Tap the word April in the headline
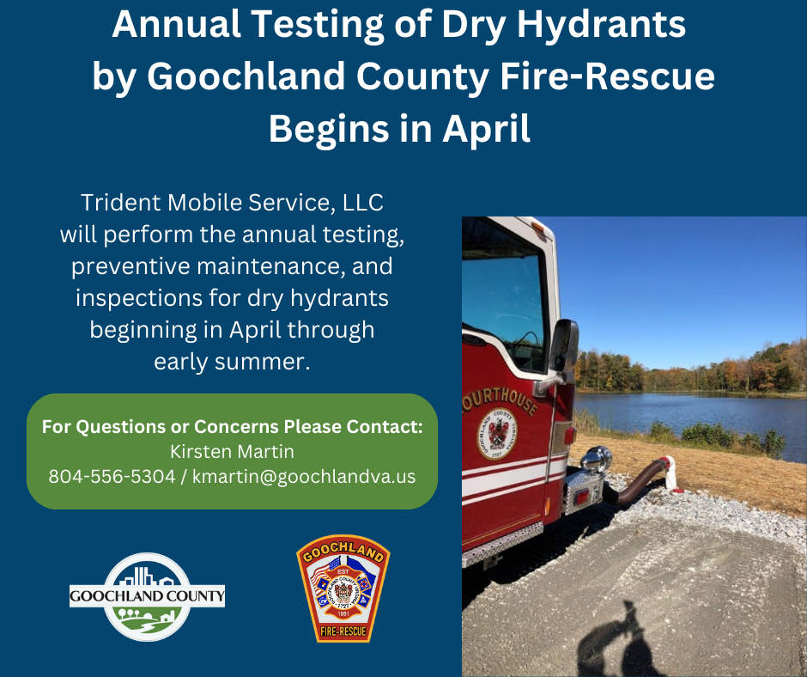tap(486, 129)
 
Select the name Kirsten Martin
tap(232, 451)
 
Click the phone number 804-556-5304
tap(112, 476)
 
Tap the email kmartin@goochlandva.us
tap(304, 476)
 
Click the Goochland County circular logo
tap(147, 596)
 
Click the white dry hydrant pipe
tap(671, 472)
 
